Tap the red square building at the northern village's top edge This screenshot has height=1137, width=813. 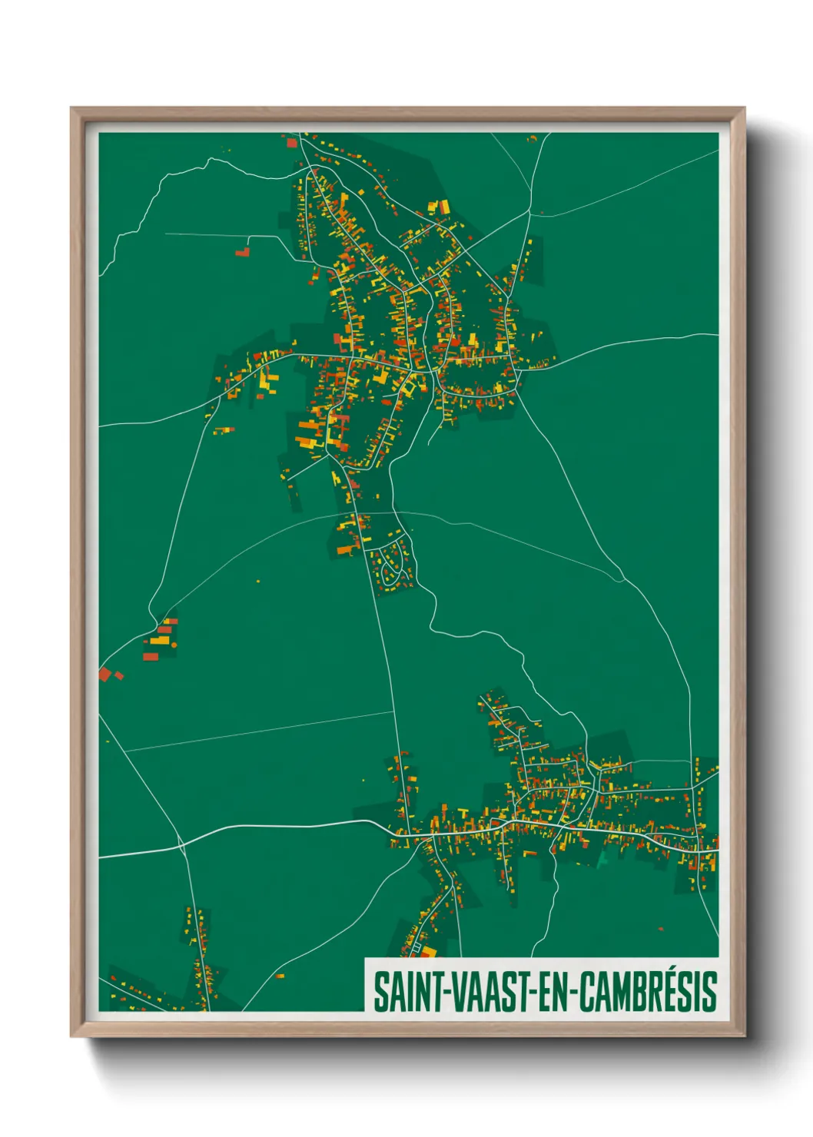292,142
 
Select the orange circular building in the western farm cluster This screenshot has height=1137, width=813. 174,645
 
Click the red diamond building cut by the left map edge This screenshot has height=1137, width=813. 104,675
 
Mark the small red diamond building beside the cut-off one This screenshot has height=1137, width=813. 119,676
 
